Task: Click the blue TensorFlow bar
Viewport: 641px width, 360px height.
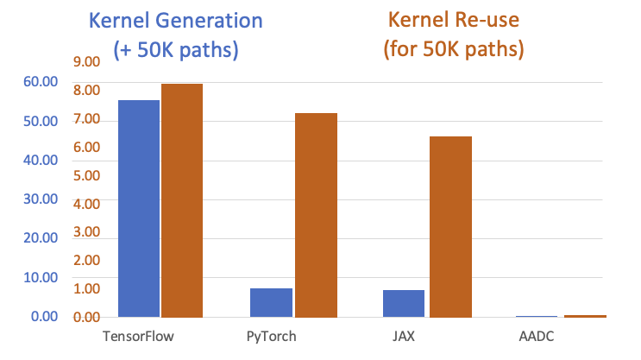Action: pyautogui.click(x=138, y=209)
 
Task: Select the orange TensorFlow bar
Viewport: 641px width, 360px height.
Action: pyautogui.click(x=182, y=200)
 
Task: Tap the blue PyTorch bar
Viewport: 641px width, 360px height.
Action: pyautogui.click(x=271, y=302)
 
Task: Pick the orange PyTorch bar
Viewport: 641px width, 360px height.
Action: pyautogui.click(x=315, y=215)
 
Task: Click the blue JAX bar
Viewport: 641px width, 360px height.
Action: pyautogui.click(x=404, y=303)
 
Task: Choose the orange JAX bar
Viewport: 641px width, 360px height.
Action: pyautogui.click(x=449, y=226)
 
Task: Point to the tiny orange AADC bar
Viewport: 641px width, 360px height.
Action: pyautogui.click(x=585, y=316)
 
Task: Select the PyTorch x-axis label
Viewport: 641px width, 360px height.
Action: pyautogui.click(x=272, y=337)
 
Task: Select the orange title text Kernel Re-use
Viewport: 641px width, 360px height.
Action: pyautogui.click(x=453, y=22)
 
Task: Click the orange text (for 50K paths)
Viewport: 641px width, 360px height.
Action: pyautogui.click(x=453, y=49)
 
